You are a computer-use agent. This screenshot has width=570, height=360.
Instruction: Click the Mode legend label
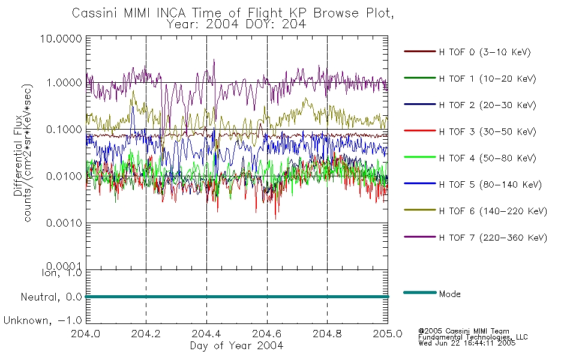point(449,294)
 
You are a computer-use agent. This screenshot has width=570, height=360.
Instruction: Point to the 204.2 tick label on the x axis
point(146,334)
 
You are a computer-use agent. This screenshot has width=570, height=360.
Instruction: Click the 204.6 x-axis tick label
point(267,334)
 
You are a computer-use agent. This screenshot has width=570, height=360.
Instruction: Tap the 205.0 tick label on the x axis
point(388,334)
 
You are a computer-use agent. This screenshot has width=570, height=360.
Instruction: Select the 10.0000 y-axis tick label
point(61,38)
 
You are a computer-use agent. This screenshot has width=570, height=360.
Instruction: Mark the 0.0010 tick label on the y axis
point(64,223)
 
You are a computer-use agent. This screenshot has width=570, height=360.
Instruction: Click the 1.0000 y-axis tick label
point(64,83)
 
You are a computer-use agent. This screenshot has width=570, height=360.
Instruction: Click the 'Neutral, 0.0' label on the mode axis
point(51,298)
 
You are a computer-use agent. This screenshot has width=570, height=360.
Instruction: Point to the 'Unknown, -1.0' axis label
point(43,321)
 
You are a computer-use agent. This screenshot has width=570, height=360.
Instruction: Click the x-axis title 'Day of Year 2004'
point(236,346)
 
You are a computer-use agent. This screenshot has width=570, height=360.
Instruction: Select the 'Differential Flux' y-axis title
point(18,155)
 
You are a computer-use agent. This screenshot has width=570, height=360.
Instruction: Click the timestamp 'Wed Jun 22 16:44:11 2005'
point(467,343)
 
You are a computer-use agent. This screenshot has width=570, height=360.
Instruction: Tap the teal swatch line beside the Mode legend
point(420,292)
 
